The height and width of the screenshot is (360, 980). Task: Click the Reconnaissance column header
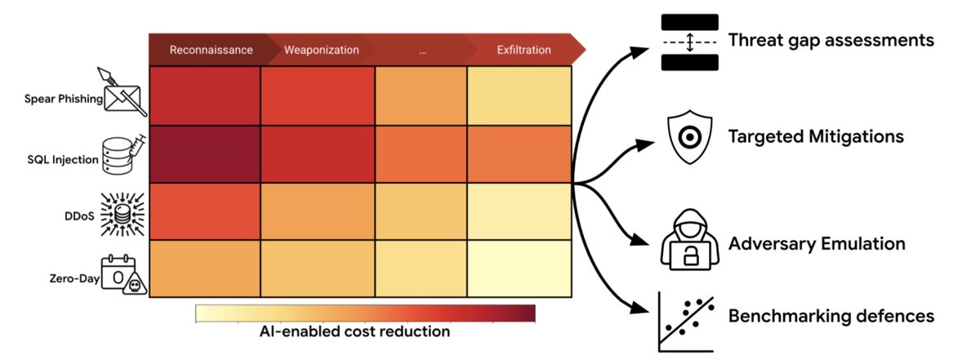211,50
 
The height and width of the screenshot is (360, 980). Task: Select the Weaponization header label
321,50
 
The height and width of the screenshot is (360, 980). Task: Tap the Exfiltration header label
523,50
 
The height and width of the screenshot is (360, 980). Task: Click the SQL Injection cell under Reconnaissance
204,153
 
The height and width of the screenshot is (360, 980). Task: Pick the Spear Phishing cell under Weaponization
317,96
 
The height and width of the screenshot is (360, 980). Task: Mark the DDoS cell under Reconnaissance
204,211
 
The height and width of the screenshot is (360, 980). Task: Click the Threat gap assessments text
831,40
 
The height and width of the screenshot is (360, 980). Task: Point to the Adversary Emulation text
817,243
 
